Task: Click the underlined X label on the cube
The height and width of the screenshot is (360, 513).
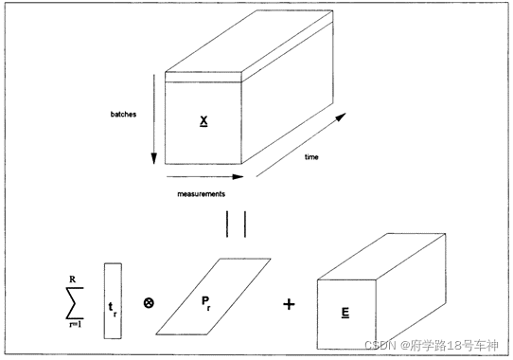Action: pos(203,121)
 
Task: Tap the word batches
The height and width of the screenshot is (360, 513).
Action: pos(123,115)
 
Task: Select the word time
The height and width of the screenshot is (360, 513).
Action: pos(311,157)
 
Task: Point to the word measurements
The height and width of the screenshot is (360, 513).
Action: pos(202,194)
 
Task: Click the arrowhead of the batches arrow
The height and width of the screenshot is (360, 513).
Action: pos(153,158)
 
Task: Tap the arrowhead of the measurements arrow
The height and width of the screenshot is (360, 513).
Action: pos(238,177)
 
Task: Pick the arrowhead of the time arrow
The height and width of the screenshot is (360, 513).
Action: pos(341,117)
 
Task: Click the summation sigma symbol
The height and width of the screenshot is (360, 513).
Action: pos(75,303)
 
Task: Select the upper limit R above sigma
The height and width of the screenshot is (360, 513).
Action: pos(72,279)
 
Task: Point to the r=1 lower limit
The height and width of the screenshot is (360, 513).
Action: pos(75,325)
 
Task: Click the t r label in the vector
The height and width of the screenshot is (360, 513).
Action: pos(113,309)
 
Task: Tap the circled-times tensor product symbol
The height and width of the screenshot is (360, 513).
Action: pos(149,303)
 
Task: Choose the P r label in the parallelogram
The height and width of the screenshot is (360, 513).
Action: pos(205,303)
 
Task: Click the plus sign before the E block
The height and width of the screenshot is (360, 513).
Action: pos(289,305)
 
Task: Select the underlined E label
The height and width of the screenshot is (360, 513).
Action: pos(345,313)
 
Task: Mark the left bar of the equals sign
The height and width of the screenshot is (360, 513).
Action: pos(227,225)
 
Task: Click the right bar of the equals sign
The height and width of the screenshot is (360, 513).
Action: pos(245,225)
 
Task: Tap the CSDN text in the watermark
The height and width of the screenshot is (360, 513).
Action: pos(380,345)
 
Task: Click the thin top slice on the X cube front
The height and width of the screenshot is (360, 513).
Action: pos(203,77)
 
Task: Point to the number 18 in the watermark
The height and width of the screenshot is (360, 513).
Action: pos(454,345)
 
